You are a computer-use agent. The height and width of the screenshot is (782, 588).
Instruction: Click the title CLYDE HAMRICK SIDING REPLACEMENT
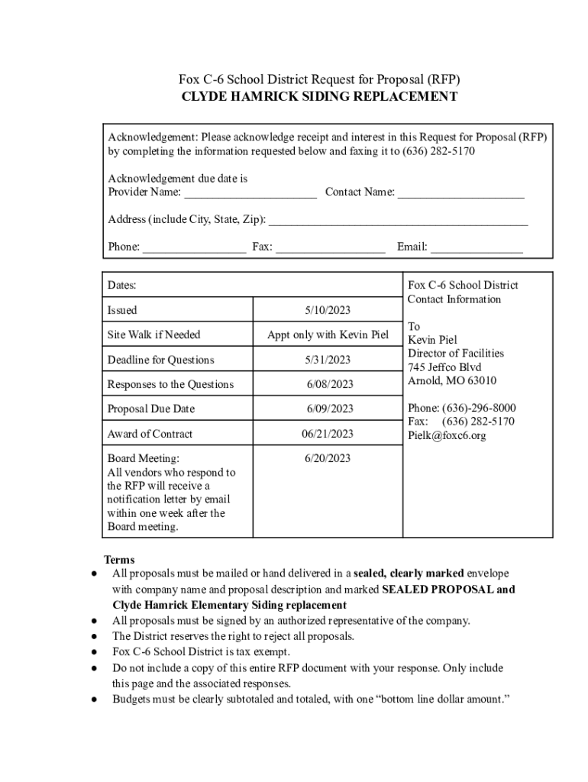(319, 97)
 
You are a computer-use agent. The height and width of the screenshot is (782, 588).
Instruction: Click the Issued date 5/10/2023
(328, 310)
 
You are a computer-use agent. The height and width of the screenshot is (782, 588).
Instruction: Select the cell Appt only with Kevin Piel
(328, 334)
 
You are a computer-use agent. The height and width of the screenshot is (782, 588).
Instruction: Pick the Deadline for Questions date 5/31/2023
(328, 360)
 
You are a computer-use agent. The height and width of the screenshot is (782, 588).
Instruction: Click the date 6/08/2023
(330, 384)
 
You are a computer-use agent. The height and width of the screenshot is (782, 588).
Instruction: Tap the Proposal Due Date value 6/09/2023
(330, 409)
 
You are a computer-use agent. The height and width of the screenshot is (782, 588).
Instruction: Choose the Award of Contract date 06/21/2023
(328, 434)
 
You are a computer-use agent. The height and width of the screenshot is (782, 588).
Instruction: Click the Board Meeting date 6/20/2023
(328, 458)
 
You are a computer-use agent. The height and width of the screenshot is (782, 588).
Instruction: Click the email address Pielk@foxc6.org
(447, 435)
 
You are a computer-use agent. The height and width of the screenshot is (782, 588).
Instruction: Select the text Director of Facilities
(456, 353)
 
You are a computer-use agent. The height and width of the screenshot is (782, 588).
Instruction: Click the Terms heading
(119, 560)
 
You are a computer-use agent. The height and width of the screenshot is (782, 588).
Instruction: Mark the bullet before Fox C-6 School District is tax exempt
(93, 652)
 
